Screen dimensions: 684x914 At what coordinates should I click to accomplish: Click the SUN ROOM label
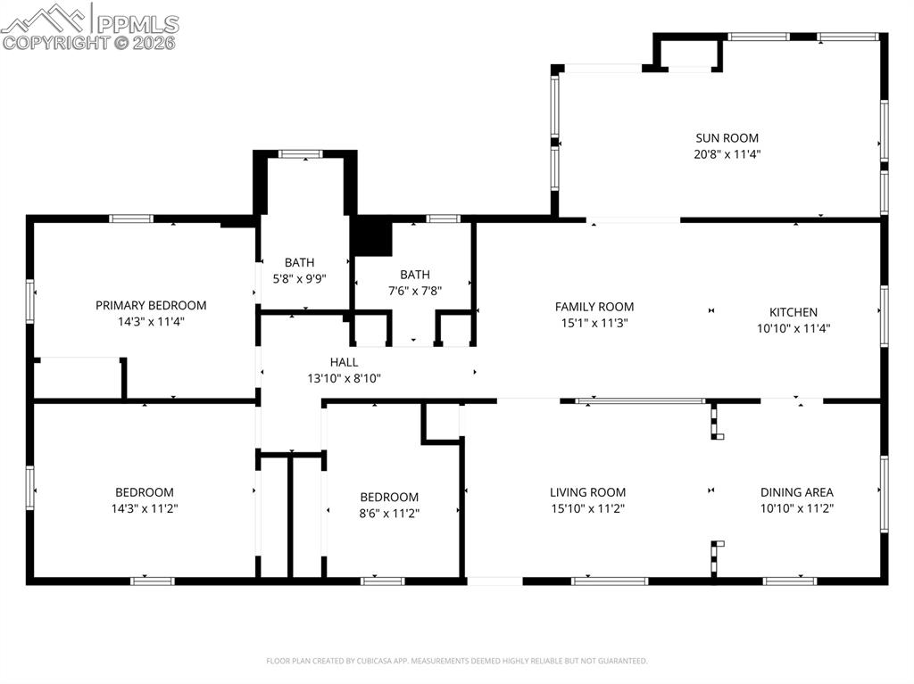(727, 137)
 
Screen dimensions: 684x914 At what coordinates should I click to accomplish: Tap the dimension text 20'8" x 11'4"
(727, 154)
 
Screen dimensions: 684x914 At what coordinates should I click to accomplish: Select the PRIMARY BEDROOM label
(151, 305)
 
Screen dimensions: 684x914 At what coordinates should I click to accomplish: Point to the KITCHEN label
(793, 312)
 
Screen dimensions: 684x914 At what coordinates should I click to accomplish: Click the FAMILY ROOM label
(594, 307)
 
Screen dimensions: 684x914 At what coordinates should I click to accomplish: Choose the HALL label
(344, 362)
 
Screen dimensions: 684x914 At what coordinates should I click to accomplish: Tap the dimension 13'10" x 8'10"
(344, 378)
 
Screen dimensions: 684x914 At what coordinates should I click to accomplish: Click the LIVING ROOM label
(587, 492)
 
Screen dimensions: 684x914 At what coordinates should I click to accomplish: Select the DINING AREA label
(796, 492)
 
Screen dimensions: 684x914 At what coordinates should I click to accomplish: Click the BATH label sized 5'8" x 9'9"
(299, 262)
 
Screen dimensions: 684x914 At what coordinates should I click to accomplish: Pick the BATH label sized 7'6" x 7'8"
(414, 275)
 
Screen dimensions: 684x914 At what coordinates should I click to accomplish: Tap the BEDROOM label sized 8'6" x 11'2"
(389, 497)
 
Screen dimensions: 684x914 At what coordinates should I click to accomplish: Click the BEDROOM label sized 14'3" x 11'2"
(144, 492)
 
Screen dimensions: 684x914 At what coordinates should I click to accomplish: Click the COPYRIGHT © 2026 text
(88, 42)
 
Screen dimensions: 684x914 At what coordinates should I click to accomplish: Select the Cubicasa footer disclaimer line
(456, 661)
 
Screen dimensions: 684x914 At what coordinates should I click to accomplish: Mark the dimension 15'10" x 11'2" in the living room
(587, 509)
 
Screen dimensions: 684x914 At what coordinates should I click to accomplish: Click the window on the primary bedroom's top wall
(131, 218)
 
